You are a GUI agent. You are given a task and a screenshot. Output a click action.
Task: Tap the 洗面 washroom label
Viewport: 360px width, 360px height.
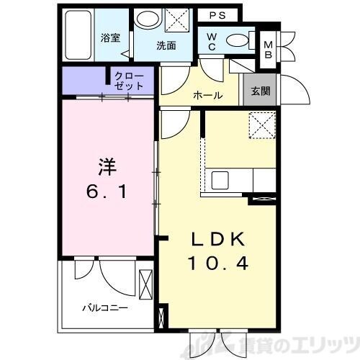click(x=166, y=45)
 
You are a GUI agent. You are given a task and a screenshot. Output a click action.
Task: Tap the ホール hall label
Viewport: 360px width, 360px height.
click(x=207, y=96)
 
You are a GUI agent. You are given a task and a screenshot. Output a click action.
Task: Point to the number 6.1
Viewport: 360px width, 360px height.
click(x=106, y=193)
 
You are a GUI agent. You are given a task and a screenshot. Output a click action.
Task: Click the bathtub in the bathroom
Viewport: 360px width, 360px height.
click(x=76, y=37)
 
